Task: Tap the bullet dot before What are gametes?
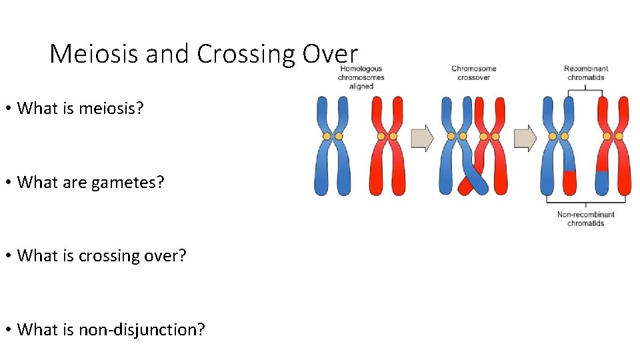pos(10,182)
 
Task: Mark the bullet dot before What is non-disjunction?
pos(10,329)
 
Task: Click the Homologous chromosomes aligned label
pos(361,77)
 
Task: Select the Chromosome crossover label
pos(473,73)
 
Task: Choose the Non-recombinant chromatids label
pos(585,219)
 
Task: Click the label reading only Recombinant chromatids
pos(585,73)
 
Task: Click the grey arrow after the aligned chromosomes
pos(422,138)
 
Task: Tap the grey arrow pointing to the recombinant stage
pos(525,138)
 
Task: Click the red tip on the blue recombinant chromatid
pos(569,183)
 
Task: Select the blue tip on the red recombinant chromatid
pos(602,181)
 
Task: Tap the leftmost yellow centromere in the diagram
pos(327,136)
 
